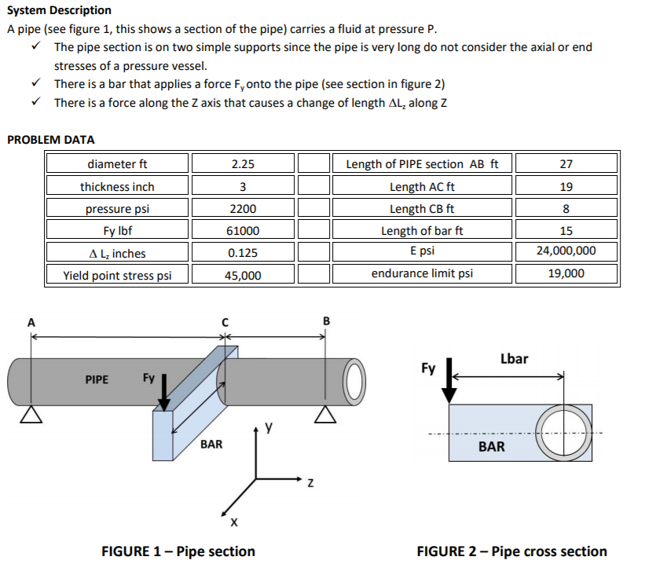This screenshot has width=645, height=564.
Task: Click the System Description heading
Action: [x=59, y=10]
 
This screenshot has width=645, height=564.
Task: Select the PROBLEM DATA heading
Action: [x=50, y=140]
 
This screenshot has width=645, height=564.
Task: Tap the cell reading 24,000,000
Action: [x=566, y=253]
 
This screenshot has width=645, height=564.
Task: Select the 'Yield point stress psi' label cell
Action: [x=117, y=275]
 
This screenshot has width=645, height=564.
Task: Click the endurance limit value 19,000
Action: [x=566, y=275]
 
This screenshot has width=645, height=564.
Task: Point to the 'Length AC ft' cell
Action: [x=422, y=187]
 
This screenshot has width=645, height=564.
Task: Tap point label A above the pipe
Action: [x=31, y=321]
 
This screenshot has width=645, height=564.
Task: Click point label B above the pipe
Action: [x=327, y=321]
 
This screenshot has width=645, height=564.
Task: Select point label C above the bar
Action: [x=225, y=321]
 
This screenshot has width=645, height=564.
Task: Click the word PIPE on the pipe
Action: [x=97, y=379]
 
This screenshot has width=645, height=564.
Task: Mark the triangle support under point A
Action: [x=31, y=415]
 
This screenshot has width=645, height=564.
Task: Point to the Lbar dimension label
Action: [x=514, y=358]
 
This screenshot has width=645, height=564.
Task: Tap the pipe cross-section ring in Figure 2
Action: [x=560, y=433]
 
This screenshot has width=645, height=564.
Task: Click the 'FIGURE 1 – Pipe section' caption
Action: [x=178, y=551]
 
